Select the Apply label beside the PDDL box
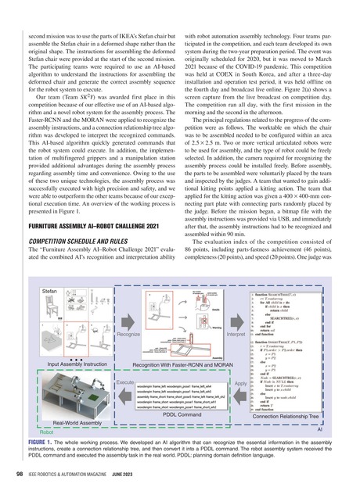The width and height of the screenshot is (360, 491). pyautogui.click(x=240, y=383)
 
